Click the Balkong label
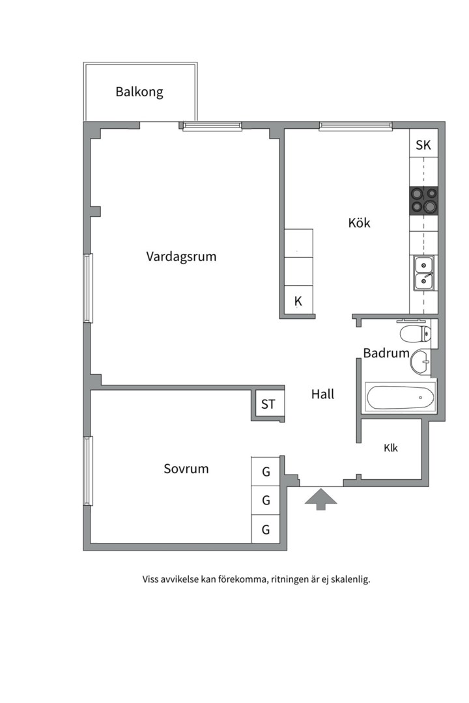click(139, 92)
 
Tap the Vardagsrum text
click(181, 256)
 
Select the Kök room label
click(359, 223)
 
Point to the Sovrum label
click(186, 469)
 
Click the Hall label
click(322, 394)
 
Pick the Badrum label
click(386, 353)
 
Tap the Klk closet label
click(390, 448)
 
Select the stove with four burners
click(423, 200)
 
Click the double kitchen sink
click(423, 273)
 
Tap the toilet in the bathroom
click(415, 333)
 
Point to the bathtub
click(401, 397)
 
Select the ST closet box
click(268, 404)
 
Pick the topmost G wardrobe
click(266, 472)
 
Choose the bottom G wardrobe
click(266, 529)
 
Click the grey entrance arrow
click(320, 499)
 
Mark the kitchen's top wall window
click(356, 126)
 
